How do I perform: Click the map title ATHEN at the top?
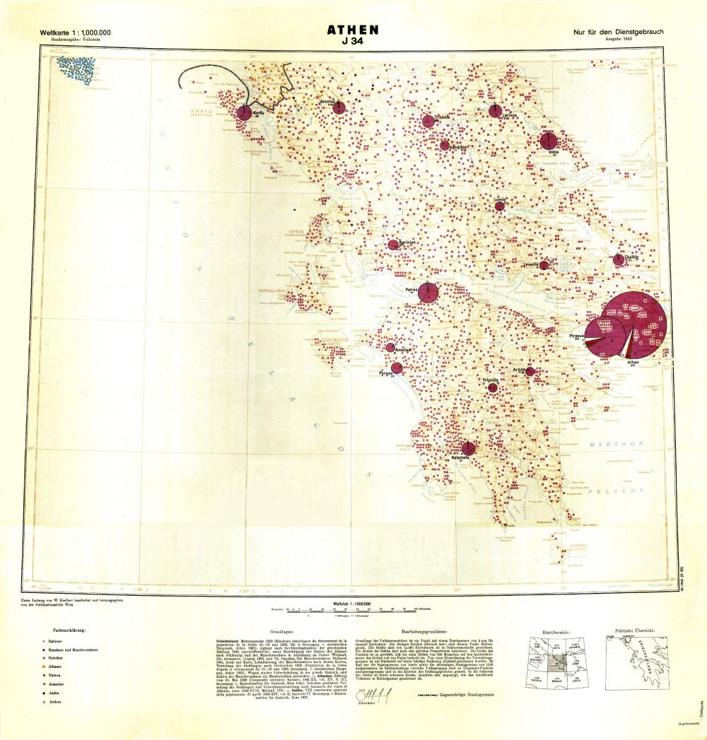tap(353, 30)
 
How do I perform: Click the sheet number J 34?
tap(353, 42)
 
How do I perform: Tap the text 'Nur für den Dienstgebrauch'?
tap(619, 33)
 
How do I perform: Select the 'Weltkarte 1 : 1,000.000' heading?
tap(76, 33)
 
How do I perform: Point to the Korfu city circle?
tap(245, 112)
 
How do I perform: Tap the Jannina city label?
tap(326, 102)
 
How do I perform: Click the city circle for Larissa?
tap(496, 111)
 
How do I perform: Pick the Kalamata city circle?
tap(468, 448)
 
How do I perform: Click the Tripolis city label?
tap(491, 380)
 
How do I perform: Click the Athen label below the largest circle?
tap(633, 362)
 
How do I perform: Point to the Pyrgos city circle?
tap(397, 368)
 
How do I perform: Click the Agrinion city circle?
tap(394, 245)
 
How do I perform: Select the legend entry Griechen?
tap(57, 658)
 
